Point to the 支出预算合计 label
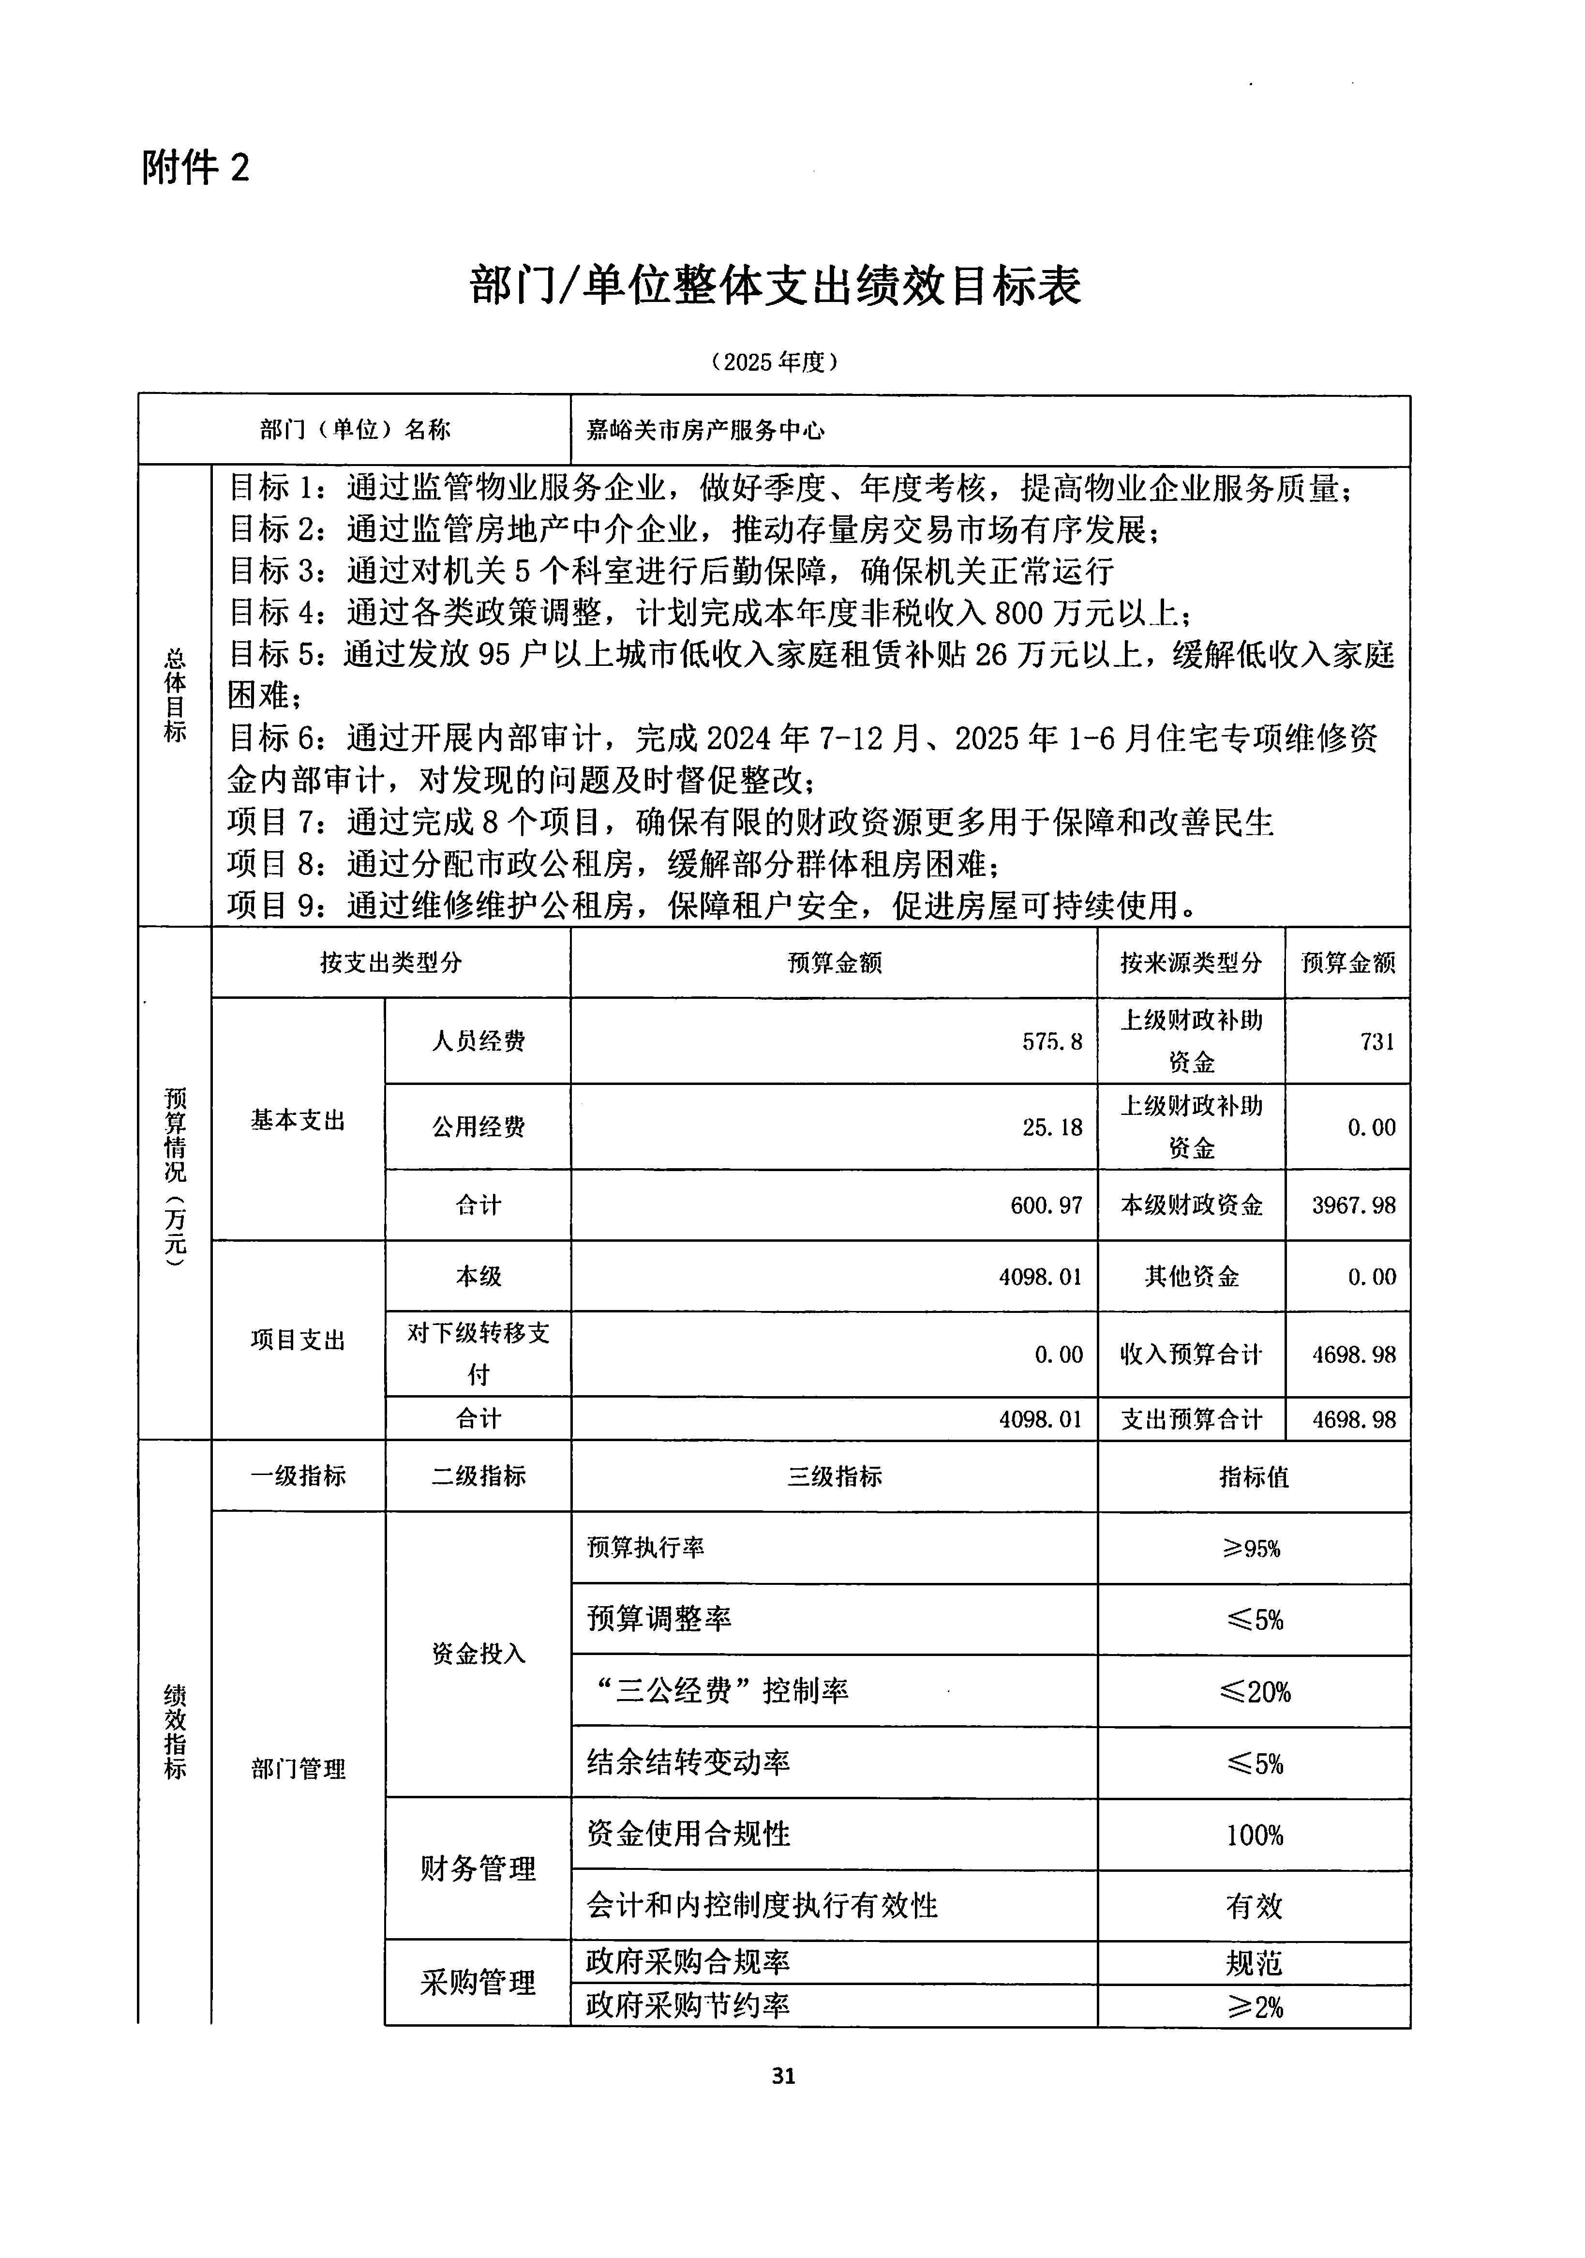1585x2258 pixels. pyautogui.click(x=1191, y=1419)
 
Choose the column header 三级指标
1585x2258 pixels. pyautogui.click(x=834, y=1476)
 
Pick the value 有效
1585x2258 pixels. pyautogui.click(x=1254, y=1906)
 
